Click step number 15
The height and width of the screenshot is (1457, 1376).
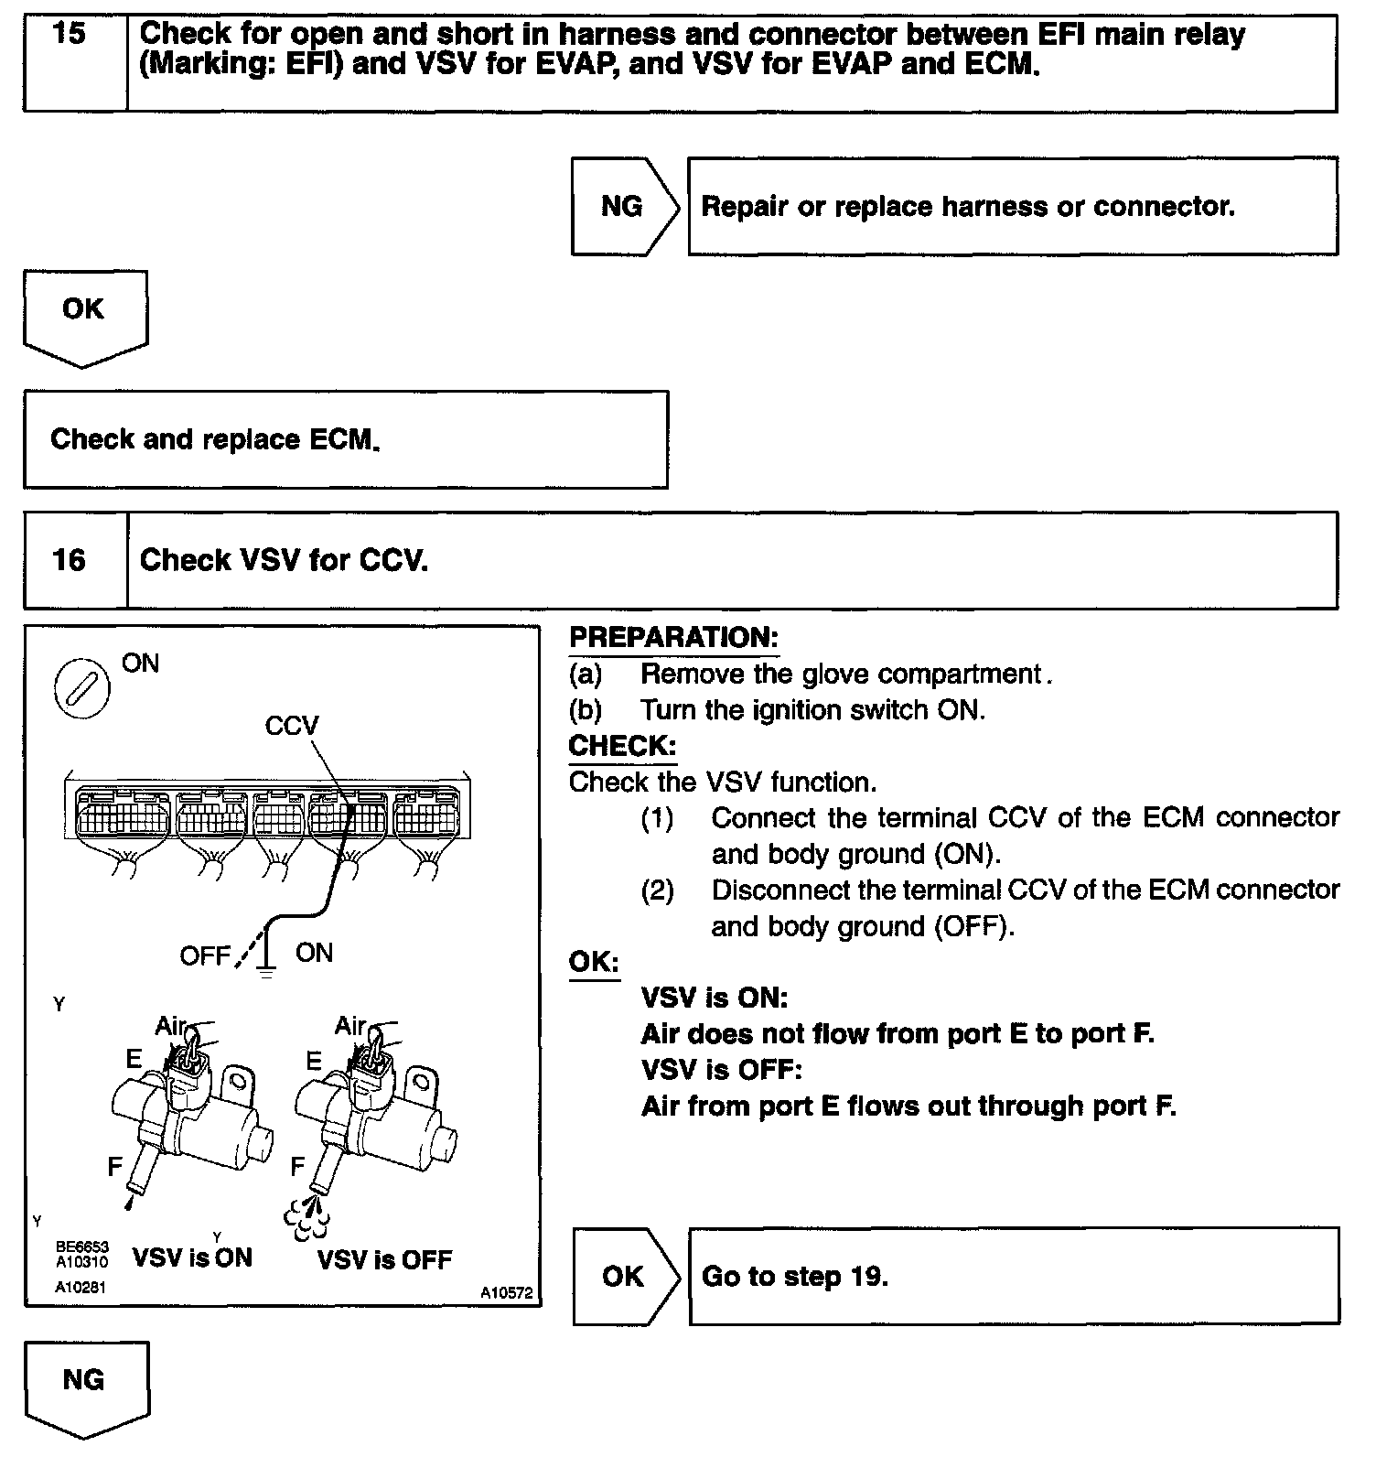70,35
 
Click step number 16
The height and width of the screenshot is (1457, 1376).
69,559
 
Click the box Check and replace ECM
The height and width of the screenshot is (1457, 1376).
345,439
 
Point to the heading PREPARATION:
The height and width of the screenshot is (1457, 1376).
673,638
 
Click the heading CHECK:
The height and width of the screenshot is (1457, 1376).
622,746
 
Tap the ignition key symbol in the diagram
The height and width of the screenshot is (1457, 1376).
82,689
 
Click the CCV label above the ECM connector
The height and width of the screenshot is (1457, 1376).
291,726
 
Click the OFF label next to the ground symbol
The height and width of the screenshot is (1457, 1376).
205,956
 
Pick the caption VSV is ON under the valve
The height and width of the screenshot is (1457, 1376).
192,1257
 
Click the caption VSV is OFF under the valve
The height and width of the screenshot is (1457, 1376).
384,1260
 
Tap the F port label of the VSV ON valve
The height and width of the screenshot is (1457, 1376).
115,1166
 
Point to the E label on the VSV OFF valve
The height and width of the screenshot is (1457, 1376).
314,1061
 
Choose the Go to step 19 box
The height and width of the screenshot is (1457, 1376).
1013,1276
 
